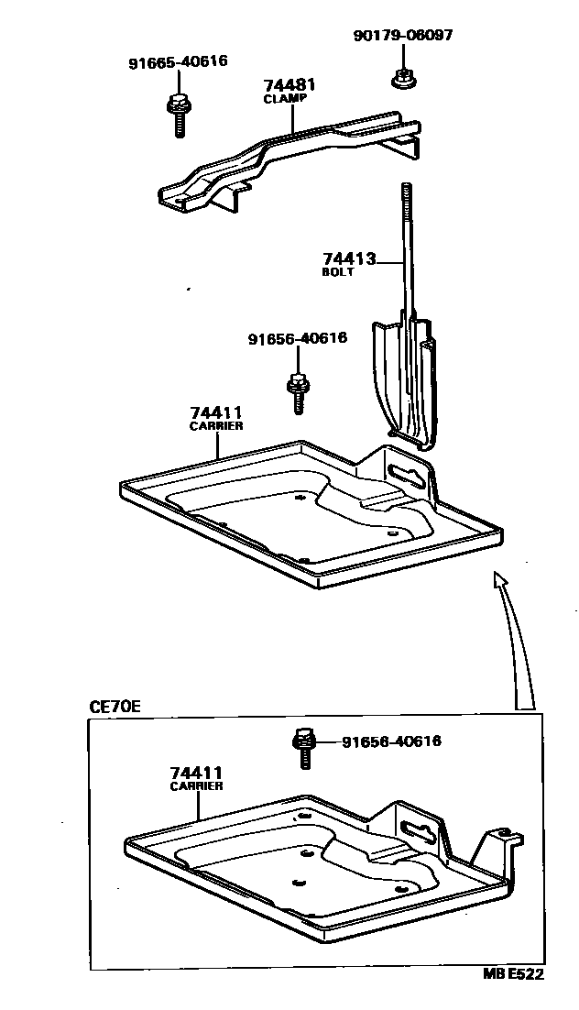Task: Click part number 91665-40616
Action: point(178,62)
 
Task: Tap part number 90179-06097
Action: point(402,36)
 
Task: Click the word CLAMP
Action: point(285,98)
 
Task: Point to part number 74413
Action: point(348,259)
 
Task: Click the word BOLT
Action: point(337,272)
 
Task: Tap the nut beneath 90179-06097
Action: point(399,79)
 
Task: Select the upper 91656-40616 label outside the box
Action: point(297,338)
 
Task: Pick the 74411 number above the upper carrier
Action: point(216,412)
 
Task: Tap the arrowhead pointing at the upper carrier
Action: point(497,580)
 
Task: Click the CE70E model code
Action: point(114,707)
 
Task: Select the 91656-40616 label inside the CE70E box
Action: point(391,741)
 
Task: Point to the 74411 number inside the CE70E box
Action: point(195,773)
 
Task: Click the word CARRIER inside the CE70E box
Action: point(196,786)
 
